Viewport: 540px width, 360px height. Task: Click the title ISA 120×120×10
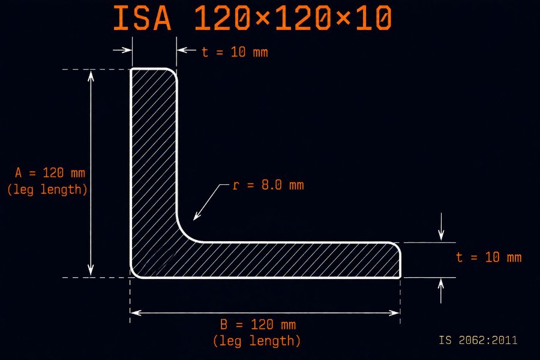point(253,18)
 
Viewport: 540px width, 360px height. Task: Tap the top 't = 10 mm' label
point(235,52)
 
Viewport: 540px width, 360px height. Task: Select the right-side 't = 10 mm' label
point(488,257)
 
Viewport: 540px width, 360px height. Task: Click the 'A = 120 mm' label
point(50,173)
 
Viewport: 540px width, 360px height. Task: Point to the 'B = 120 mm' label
point(258,325)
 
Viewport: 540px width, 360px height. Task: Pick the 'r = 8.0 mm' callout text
point(268,185)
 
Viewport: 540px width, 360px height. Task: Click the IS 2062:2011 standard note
point(478,340)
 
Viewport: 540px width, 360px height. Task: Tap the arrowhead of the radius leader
point(194,218)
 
